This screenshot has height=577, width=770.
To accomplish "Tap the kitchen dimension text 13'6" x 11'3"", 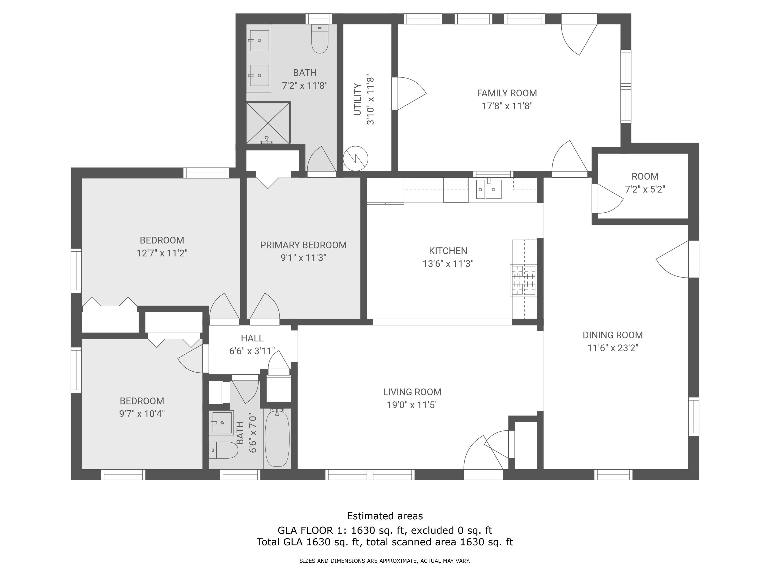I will (448, 264).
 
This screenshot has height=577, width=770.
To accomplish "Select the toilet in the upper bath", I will (320, 40).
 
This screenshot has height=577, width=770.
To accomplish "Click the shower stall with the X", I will (268, 122).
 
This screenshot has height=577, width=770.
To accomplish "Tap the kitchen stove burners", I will (523, 280).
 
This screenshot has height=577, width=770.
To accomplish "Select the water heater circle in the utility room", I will (355, 158).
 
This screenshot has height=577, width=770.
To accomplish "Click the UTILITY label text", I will (358, 99).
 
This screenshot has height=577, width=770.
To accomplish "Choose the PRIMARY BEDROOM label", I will (303, 245).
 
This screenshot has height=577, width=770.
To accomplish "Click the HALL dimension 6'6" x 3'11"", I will (252, 351).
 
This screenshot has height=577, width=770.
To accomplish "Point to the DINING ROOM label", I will (613, 335).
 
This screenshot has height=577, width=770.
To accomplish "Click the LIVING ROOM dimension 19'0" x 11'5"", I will (412, 405).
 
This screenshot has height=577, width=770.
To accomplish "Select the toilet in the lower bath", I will (224, 450).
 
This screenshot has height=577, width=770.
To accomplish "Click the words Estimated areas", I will (385, 516).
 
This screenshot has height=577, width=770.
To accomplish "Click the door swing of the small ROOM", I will (609, 199).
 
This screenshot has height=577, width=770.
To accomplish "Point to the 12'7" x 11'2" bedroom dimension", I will (162, 253).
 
